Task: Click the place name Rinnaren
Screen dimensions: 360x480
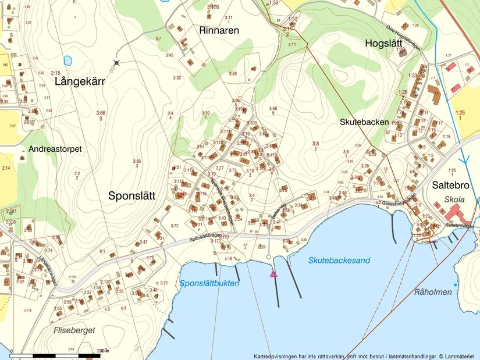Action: pos(219,30)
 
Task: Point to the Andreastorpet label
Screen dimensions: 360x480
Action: pos(55,149)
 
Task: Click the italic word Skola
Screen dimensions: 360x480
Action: pos(454,199)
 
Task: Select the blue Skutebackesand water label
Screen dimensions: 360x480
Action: pos(339,261)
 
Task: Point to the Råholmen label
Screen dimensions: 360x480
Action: pos(434,292)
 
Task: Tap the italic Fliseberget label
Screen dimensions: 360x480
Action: pos(74,330)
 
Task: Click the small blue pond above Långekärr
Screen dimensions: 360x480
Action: pos(68,60)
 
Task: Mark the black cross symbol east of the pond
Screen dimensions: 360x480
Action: pos(117,62)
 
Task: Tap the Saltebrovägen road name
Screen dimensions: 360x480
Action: pos(460,225)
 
